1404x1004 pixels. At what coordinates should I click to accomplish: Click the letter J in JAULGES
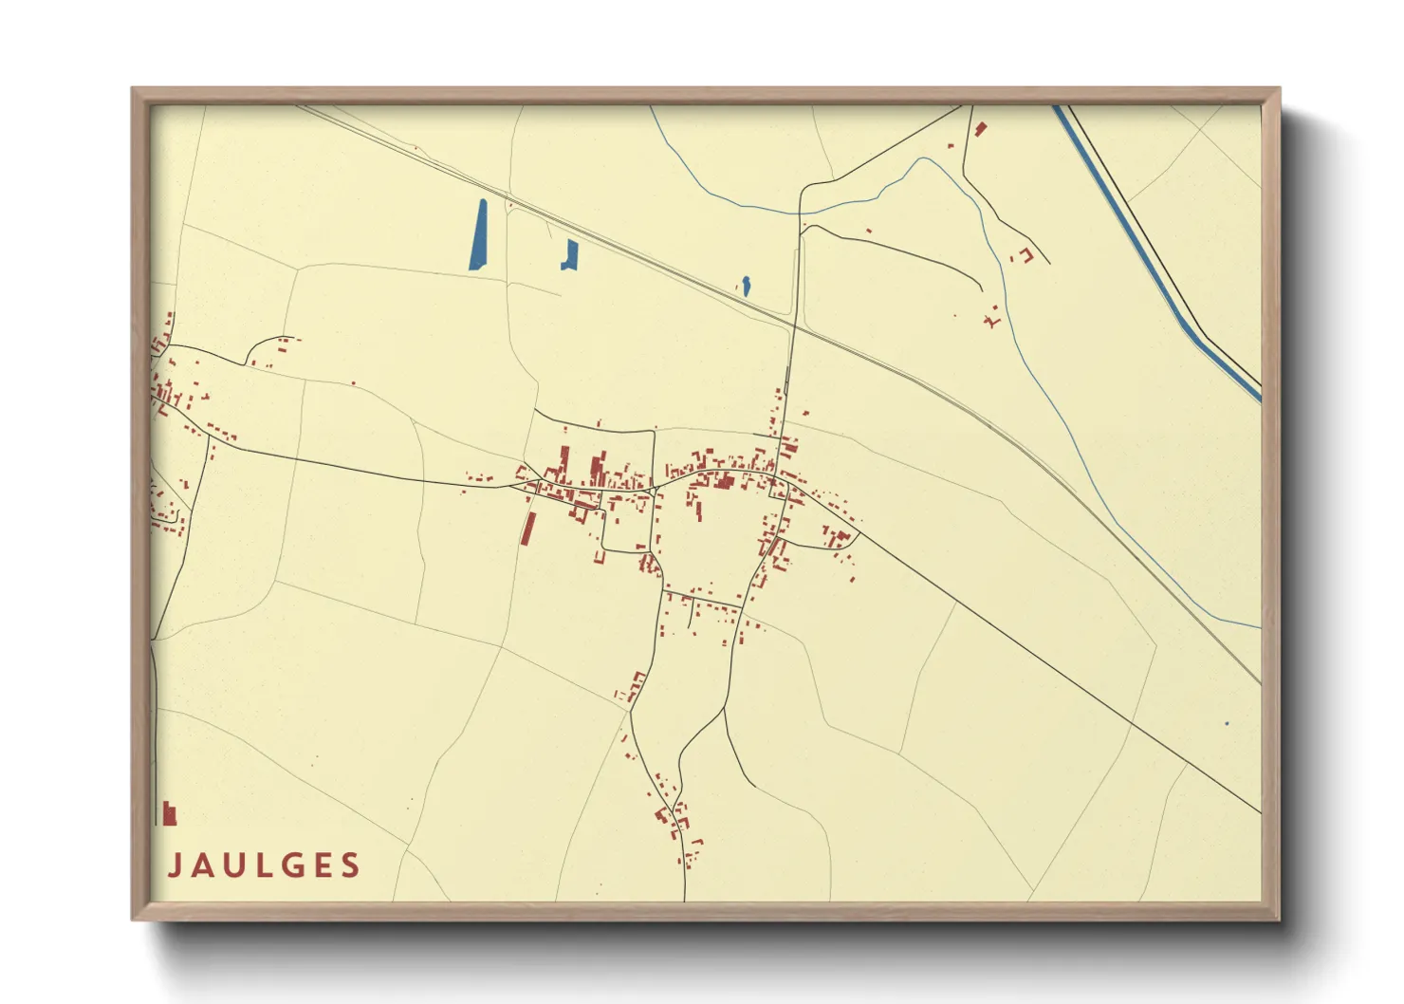pyautogui.click(x=175, y=865)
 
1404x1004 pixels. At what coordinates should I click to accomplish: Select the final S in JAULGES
pyautogui.click(x=351, y=865)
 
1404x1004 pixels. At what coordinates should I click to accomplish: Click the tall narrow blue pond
pyautogui.click(x=478, y=234)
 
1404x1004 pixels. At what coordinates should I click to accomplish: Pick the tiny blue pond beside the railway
pyautogui.click(x=746, y=285)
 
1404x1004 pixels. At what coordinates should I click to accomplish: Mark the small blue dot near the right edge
pyautogui.click(x=1226, y=724)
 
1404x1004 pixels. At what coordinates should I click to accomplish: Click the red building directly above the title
pyautogui.click(x=169, y=813)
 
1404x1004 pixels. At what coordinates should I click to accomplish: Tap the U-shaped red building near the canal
pyautogui.click(x=1023, y=254)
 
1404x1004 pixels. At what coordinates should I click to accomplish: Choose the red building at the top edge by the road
pyautogui.click(x=980, y=128)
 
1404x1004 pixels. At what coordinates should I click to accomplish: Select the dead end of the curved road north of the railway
pyautogui.click(x=981, y=288)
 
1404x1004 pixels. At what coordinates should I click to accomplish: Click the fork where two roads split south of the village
pyautogui.click(x=726, y=707)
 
